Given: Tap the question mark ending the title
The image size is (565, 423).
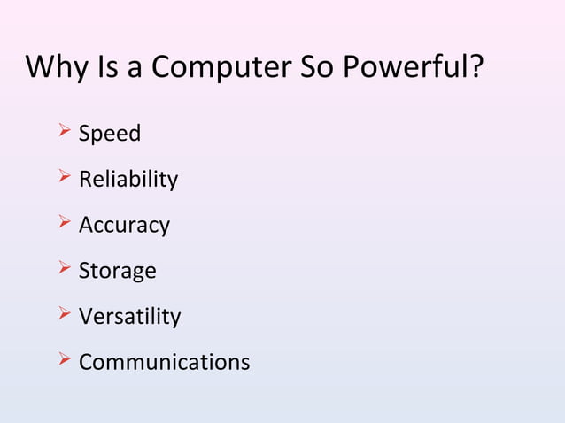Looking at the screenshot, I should tap(477, 67).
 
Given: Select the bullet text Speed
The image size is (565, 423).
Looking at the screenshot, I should tap(110, 135).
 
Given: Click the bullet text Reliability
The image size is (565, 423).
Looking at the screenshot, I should tap(128, 181).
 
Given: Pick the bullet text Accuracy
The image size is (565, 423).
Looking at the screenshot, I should tap(124, 226).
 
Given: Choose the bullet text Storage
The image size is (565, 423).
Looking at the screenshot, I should tap(118, 271).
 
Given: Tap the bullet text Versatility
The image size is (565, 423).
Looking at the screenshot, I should tap(130, 317).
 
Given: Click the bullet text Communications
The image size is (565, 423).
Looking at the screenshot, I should tap(165, 363).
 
